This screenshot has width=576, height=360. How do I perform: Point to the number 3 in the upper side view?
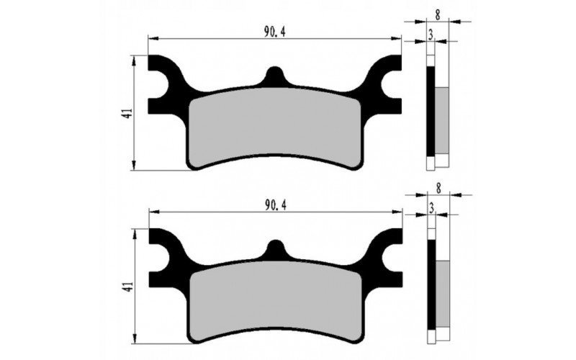click(x=431, y=34)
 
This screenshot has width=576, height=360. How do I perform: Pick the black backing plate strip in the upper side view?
click(x=431, y=112)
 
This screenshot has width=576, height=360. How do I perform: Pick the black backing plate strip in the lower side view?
click(x=431, y=284)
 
